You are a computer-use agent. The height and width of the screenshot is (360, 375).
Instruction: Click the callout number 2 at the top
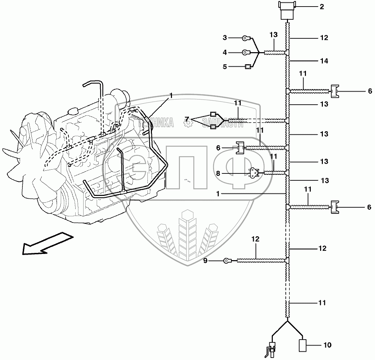322,7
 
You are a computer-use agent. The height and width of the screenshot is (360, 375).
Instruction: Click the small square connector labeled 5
248,67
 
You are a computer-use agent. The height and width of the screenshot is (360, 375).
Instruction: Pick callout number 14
324,61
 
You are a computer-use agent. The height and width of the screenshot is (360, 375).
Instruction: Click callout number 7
187,119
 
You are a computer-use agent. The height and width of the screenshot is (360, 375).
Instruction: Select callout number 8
218,174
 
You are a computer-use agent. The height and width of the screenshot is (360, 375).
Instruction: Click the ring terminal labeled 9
227,260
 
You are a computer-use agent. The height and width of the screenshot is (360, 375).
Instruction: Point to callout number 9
205,261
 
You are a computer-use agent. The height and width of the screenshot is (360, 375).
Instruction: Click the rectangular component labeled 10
303,345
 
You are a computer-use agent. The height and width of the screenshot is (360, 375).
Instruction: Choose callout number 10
327,345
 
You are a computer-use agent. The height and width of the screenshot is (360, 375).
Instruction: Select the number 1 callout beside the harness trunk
218,194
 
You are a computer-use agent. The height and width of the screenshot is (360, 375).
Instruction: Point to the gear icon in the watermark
189,124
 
